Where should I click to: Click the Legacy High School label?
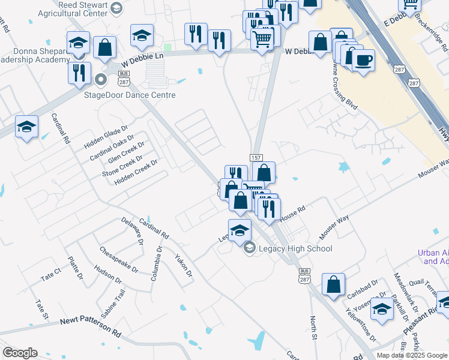[x=295, y=248]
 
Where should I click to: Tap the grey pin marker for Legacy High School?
[x=250, y=247]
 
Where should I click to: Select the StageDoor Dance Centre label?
[x=138, y=95]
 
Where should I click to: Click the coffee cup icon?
[x=363, y=59]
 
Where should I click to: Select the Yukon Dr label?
[x=183, y=265]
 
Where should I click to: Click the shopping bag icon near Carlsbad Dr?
[x=333, y=284]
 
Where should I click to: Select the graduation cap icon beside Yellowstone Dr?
[x=381, y=308]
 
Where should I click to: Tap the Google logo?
[x=20, y=353]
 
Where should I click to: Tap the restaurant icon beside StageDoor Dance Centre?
[x=79, y=73]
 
